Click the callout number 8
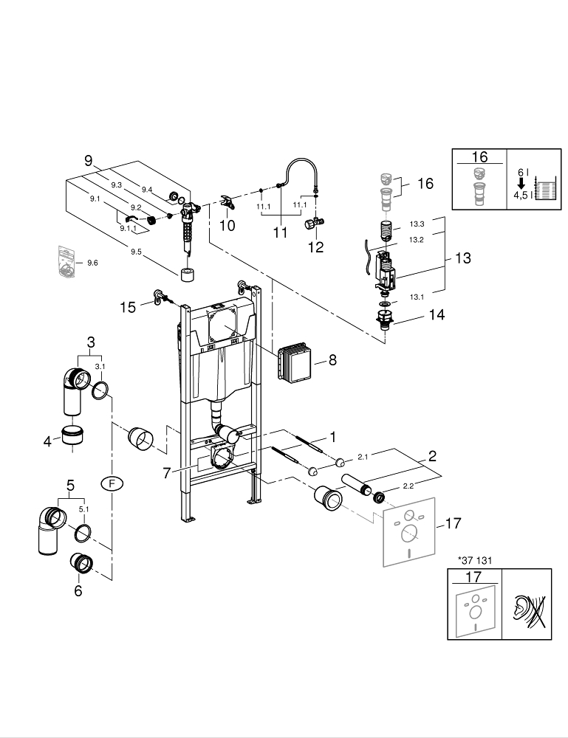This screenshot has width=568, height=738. point(332,360)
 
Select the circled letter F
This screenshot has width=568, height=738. point(112,483)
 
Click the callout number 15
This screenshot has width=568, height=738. point(129,307)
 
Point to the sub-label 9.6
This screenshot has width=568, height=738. point(92,263)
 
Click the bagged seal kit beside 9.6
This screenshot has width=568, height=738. point(67,261)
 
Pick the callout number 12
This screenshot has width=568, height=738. point(315,247)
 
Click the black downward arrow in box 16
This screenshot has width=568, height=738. point(521,184)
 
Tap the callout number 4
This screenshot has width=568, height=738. point(47,441)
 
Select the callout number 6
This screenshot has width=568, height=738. point(78,590)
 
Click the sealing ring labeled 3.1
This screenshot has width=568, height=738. point(101,390)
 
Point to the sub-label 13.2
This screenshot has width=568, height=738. point(416,239)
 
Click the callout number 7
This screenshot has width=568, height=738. point(166,471)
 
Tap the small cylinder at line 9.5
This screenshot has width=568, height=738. point(188,275)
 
